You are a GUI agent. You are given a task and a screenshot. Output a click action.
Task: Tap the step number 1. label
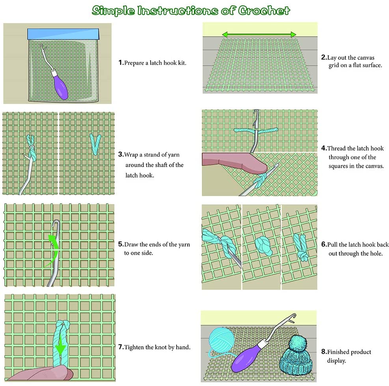121,63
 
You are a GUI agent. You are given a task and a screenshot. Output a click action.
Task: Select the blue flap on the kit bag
63,34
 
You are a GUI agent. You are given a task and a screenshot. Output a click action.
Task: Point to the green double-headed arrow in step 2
259,34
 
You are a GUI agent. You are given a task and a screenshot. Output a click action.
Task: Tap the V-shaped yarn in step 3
95,143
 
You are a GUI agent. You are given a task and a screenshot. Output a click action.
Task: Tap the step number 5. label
121,245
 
